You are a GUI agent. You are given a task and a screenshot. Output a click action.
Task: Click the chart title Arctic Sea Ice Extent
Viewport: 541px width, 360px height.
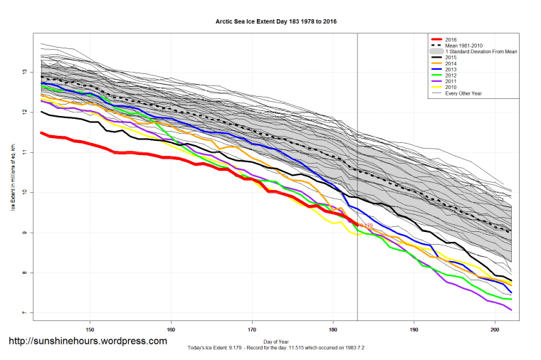tap(276, 22)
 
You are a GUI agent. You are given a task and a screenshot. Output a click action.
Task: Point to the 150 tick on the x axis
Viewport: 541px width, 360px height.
tap(90, 330)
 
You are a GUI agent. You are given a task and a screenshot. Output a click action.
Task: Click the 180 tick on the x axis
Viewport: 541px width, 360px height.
tap(333, 330)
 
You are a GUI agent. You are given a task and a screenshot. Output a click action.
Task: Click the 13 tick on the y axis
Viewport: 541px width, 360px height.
tap(24, 72)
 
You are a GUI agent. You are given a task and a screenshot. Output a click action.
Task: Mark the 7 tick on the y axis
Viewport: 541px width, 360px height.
tap(24, 313)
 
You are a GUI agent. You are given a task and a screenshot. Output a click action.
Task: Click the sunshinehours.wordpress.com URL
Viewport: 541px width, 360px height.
tap(88, 342)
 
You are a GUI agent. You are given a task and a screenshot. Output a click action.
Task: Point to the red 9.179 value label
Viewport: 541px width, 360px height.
tap(364, 226)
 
